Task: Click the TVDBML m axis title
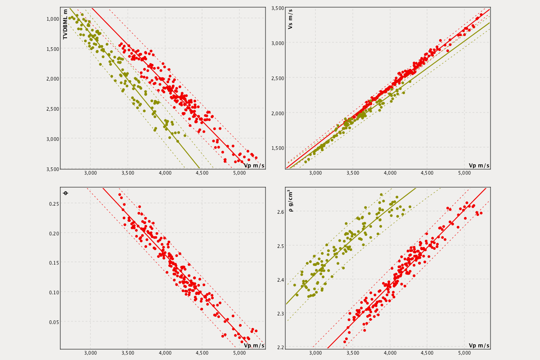point(65,24)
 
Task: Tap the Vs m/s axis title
point(290,19)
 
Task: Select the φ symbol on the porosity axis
point(65,193)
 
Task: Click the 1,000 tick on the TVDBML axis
point(53,18)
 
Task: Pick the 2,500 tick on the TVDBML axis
point(53,108)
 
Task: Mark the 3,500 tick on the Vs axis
point(278,8)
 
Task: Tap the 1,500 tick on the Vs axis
point(278,148)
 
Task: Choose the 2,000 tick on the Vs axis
point(278,113)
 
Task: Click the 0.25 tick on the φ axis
point(54,203)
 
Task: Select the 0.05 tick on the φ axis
point(54,322)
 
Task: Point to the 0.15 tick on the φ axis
point(54,262)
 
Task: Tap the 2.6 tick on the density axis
point(280,212)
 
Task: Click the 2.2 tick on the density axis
point(280,347)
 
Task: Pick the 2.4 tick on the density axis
point(280,279)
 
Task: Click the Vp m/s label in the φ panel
point(254,345)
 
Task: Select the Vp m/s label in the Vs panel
point(479,165)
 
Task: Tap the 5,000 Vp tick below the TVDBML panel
point(239,173)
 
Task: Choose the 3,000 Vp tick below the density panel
point(315,353)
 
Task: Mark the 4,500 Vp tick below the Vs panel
point(427,173)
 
